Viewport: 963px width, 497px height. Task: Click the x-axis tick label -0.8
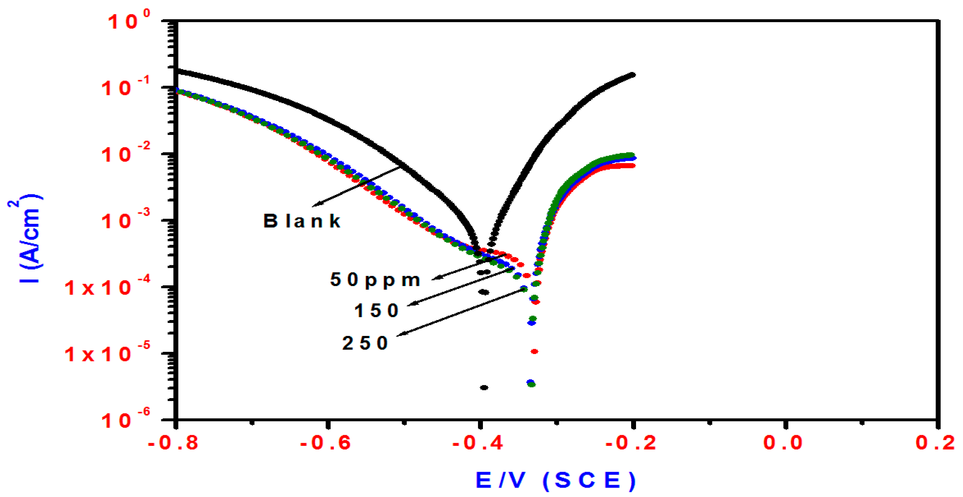[173, 443]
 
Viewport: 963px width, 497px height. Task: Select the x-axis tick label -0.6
[325, 443]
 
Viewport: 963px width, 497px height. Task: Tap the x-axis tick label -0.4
[478, 443]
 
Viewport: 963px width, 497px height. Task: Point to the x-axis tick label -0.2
[631, 443]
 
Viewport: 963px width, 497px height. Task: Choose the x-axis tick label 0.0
[783, 443]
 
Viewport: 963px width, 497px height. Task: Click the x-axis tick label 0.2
[935, 443]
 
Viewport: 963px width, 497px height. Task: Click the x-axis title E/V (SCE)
[556, 480]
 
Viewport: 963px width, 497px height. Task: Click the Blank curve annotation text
[302, 221]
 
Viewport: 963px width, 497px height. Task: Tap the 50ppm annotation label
[375, 280]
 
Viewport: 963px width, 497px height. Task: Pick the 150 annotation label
[376, 311]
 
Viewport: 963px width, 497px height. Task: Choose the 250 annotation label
[365, 343]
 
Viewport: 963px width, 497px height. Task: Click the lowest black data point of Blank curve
[484, 387]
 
